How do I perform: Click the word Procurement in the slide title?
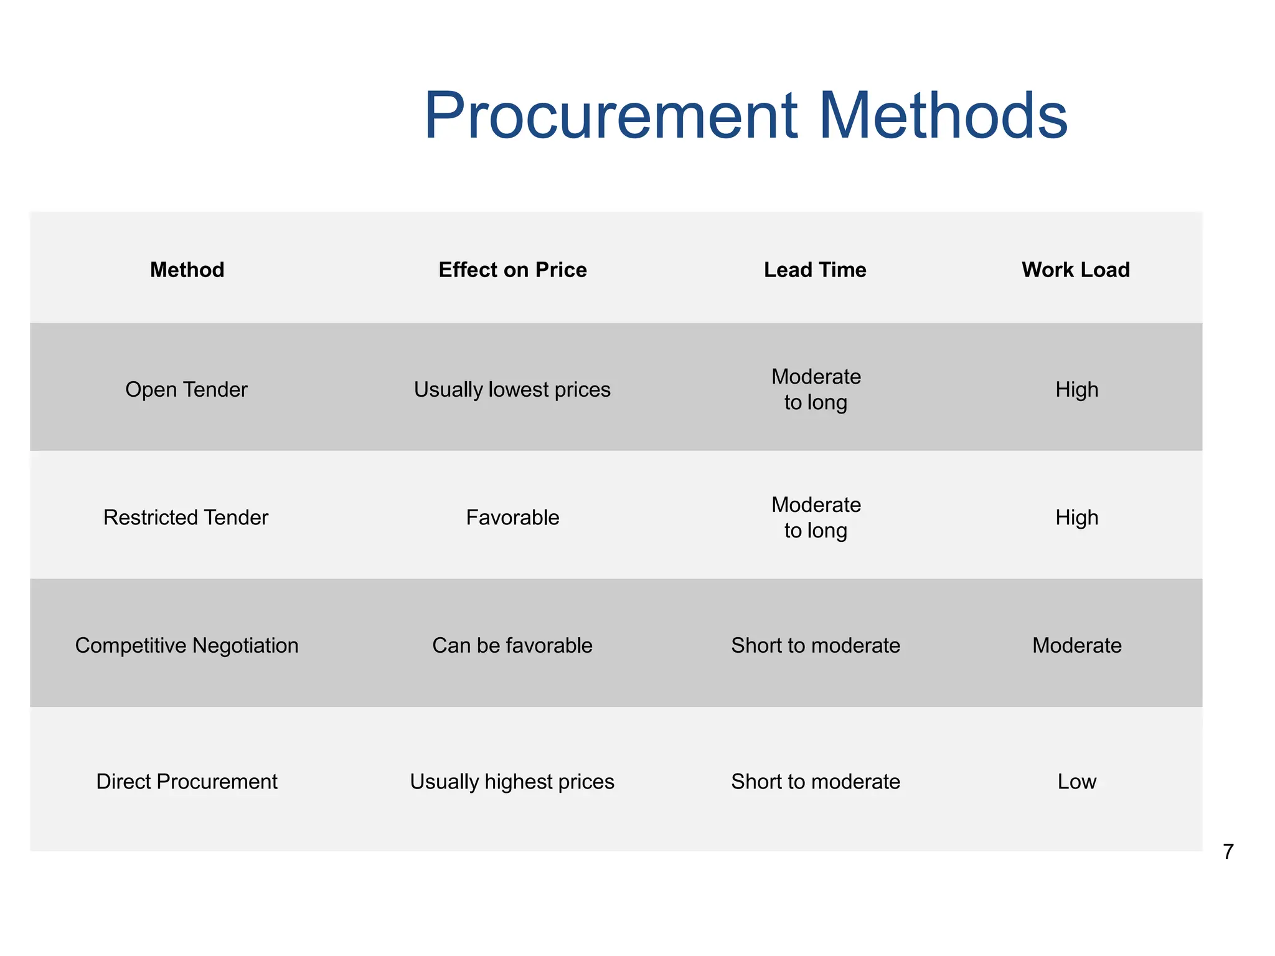tap(611, 116)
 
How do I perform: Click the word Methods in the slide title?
tap(943, 116)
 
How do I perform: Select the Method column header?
tap(187, 270)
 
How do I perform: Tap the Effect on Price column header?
tap(512, 270)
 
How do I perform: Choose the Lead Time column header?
tap(815, 270)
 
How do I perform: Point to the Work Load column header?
tap(1076, 270)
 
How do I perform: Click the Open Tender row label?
tap(186, 390)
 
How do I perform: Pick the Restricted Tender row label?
tap(186, 518)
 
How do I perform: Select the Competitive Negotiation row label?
tap(187, 645)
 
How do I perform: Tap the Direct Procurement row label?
tap(187, 782)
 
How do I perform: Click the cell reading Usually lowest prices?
tap(512, 390)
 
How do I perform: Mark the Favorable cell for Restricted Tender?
tap(512, 518)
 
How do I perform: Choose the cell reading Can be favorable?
tap(512, 645)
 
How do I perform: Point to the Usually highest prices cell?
tap(512, 782)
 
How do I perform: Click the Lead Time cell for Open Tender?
tap(816, 389)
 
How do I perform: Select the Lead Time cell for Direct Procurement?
tap(816, 782)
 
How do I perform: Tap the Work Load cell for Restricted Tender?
tap(1077, 518)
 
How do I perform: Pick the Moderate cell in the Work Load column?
tap(1077, 645)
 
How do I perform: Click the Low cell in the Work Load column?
tap(1077, 782)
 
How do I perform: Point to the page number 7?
tap(1228, 851)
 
